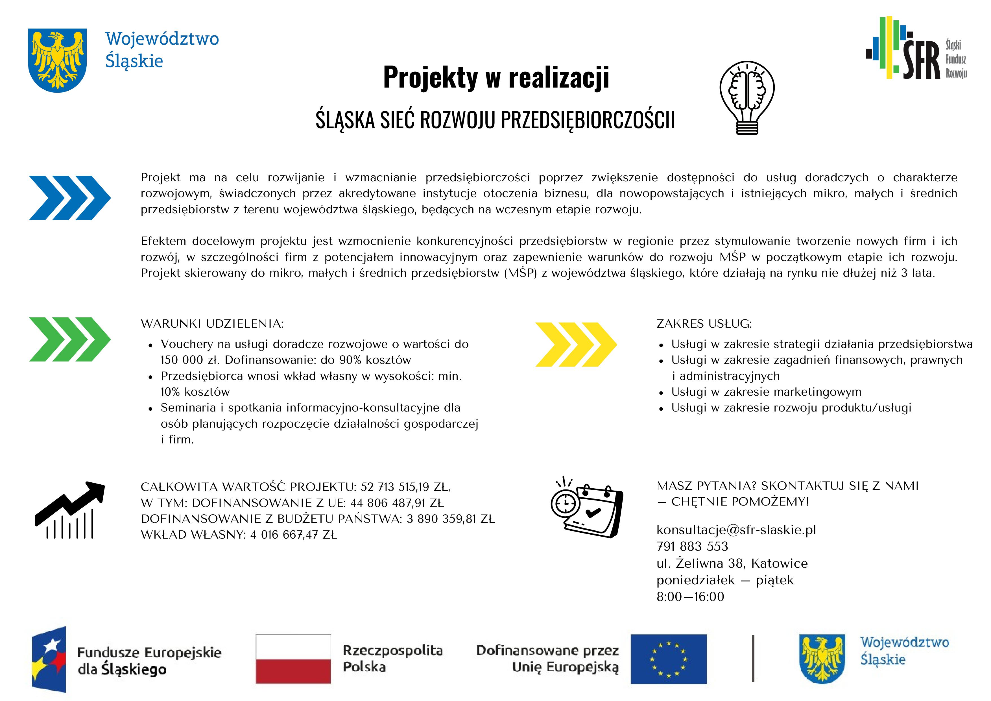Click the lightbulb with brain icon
[x=747, y=97]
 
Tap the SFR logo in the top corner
[x=916, y=48]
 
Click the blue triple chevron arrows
[x=69, y=198]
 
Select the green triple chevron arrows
[x=69, y=339]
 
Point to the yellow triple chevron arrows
[x=576, y=345]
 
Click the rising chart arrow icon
[x=70, y=510]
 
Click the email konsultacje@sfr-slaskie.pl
[x=736, y=530]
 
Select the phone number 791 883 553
[x=692, y=547]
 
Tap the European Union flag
[x=669, y=659]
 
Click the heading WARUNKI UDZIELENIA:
[x=212, y=324]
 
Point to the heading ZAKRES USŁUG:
[x=704, y=324]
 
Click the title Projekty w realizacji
[x=496, y=78]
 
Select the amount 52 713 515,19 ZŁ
[x=405, y=487]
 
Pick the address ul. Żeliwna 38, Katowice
[x=732, y=563]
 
